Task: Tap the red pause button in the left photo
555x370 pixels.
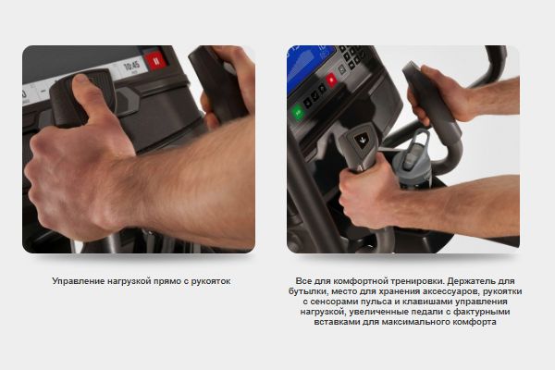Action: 155,60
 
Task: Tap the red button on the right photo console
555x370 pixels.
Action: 332,80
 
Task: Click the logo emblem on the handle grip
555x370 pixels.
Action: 362,141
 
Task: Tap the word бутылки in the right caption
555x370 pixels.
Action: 308,291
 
